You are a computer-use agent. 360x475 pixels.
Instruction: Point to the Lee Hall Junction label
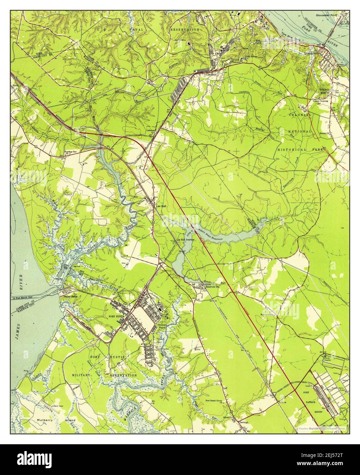click(x=185, y=240)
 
